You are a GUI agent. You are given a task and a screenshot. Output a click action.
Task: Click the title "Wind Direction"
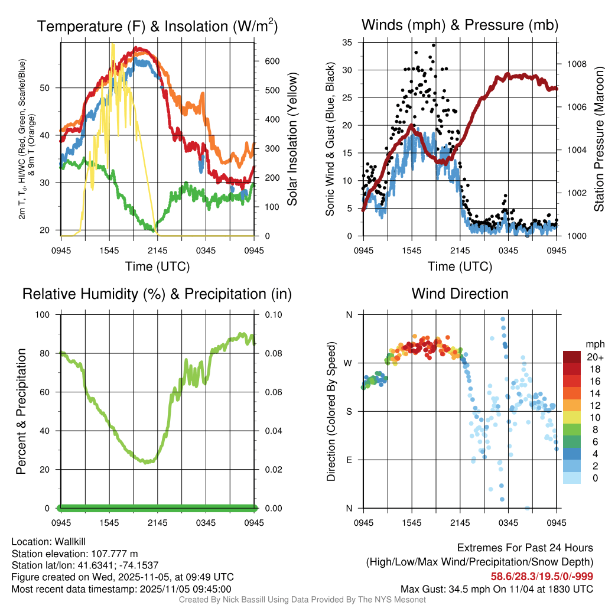[x=460, y=294]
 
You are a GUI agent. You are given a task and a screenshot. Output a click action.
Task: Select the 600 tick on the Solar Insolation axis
[x=268, y=61]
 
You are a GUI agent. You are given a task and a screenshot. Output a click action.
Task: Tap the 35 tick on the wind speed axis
[x=347, y=43]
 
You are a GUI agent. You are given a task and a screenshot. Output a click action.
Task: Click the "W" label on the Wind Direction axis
[x=349, y=363]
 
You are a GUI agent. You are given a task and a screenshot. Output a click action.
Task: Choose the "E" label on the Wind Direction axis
[x=350, y=460]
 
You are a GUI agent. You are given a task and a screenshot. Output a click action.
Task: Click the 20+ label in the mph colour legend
[x=594, y=357]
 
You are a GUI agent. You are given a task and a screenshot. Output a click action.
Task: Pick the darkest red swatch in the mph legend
[x=572, y=357]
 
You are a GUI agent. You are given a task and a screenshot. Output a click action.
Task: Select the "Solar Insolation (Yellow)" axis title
[x=292, y=139]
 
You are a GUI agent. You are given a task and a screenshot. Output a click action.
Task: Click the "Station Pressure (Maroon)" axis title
[x=599, y=139]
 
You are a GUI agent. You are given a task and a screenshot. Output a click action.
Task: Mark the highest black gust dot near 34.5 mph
[x=433, y=45]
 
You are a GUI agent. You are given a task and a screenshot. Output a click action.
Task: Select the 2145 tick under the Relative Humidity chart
[x=158, y=523]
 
